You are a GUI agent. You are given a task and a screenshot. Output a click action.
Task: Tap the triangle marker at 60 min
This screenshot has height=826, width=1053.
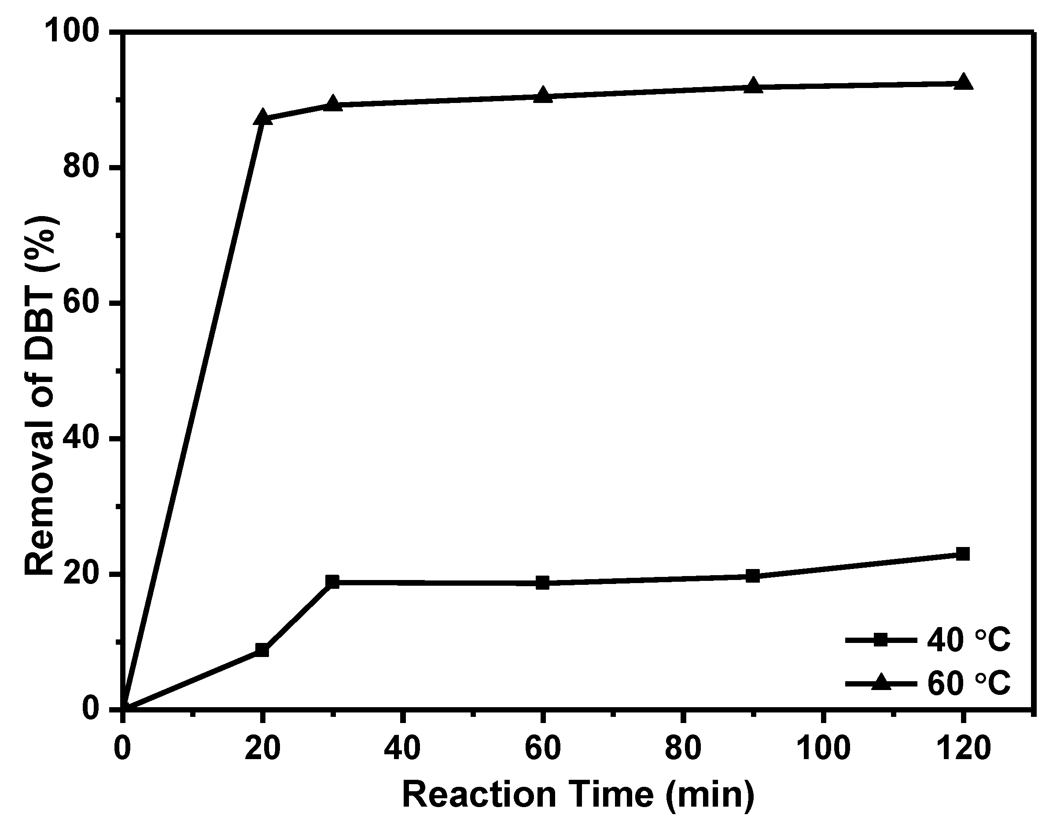pyautogui.click(x=543, y=95)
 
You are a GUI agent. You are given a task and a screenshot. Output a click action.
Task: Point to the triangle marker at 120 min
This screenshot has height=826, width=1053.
pyautogui.click(x=963, y=82)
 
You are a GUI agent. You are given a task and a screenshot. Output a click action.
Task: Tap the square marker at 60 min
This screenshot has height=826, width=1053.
pyautogui.click(x=543, y=583)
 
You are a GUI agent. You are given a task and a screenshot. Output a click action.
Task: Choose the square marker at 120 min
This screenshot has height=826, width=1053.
pyautogui.click(x=963, y=554)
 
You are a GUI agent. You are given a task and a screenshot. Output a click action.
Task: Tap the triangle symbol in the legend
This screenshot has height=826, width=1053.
pyautogui.click(x=881, y=683)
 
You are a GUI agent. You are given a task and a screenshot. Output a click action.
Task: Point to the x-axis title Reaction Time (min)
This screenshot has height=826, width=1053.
pyautogui.click(x=578, y=795)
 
